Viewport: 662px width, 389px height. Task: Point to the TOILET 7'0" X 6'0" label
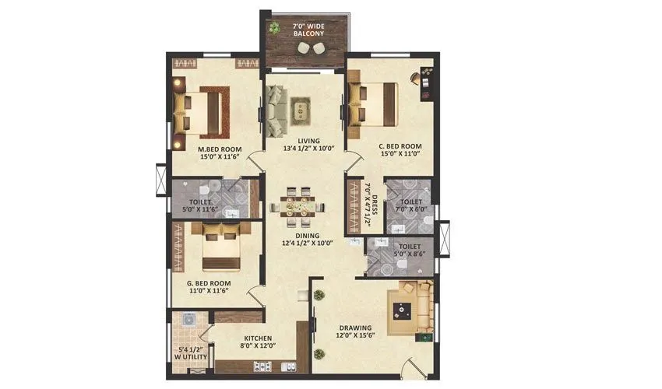tap(409, 204)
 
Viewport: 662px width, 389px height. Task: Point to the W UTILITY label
tap(190, 354)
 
